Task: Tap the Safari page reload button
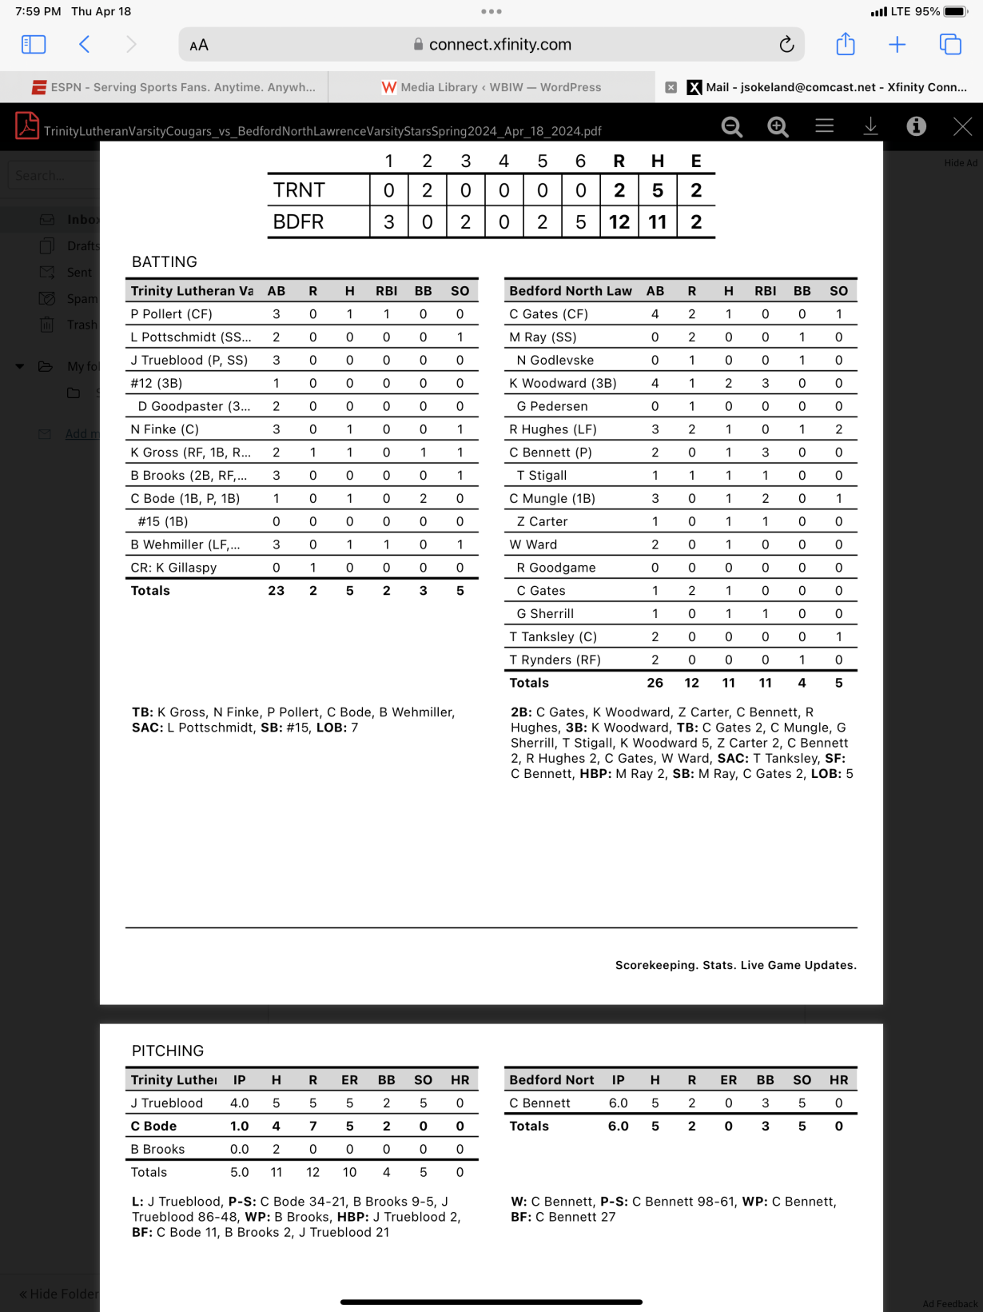click(x=786, y=45)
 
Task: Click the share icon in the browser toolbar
click(x=846, y=45)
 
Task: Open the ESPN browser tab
click(x=173, y=87)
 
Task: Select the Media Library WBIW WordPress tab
click(x=491, y=87)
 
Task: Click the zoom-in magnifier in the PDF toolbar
click(x=778, y=126)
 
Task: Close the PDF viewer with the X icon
click(x=962, y=126)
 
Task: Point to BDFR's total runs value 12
click(x=619, y=221)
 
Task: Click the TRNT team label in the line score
click(x=299, y=190)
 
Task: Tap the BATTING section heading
click(x=164, y=262)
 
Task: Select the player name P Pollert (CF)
click(x=171, y=314)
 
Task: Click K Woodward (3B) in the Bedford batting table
click(x=563, y=383)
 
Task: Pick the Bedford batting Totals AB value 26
click(x=655, y=683)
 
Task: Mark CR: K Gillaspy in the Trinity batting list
click(x=173, y=568)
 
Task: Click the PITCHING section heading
click(x=168, y=1051)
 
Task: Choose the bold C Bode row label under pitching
click(x=153, y=1126)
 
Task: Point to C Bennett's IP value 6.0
click(x=618, y=1103)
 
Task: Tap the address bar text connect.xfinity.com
click(x=499, y=45)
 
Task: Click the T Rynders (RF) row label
click(x=555, y=660)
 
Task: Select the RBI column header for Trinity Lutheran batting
click(x=386, y=291)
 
